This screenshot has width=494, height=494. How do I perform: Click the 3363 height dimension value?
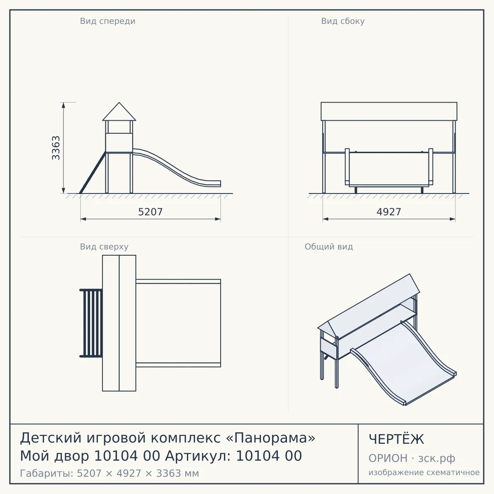pos(56,148)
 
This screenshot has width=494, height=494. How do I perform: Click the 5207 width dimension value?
pos(150,212)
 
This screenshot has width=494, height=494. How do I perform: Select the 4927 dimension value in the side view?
pos(389,212)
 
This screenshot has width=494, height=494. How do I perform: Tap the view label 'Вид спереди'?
pos(108,21)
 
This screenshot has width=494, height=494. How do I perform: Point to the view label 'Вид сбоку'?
pos(343,21)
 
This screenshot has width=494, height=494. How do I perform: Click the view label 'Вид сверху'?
pos(104,247)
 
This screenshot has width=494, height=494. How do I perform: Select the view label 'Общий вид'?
pos(329,247)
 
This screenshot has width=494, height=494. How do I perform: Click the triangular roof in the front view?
pos(119,112)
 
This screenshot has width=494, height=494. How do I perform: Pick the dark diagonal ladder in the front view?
pos(93,173)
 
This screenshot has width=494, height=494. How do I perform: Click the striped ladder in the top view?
pos(91,323)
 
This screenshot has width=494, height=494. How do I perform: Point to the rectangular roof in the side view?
pos(389,112)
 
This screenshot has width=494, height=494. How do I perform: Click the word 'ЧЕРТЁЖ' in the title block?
pos(396,439)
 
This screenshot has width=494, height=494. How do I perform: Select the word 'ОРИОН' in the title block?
pos(388,458)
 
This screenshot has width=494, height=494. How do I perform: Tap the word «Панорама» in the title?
pos(271,438)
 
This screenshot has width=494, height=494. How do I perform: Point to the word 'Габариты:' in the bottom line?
pos(47,473)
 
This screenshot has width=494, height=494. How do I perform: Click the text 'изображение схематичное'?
pos(424,473)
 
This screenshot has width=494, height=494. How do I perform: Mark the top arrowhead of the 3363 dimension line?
pos(63,105)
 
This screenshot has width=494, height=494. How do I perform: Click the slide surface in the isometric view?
pos(403,364)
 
